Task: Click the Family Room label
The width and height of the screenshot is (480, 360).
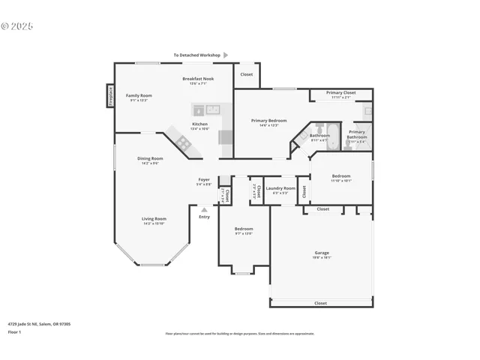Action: (139, 95)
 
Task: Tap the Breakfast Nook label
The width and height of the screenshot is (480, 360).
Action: (198, 79)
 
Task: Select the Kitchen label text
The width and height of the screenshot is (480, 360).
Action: (199, 124)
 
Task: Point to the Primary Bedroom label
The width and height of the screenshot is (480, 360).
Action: (269, 120)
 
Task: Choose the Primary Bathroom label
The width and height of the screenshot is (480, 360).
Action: (357, 132)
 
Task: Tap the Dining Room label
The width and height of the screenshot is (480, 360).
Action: (150, 158)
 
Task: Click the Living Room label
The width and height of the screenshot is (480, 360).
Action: (154, 219)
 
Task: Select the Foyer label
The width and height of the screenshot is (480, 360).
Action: (204, 179)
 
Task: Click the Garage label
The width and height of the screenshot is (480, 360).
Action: (322, 253)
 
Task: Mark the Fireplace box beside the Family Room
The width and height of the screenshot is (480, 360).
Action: (109, 97)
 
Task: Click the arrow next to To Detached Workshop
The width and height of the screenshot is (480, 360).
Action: (226, 55)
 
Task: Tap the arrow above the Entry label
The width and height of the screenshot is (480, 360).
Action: (204, 209)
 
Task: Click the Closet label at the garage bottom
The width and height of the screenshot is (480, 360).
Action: (320, 303)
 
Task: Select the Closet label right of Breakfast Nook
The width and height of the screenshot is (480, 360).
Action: (247, 74)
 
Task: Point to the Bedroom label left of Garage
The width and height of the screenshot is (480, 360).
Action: (244, 229)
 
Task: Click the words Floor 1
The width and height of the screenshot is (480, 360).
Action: (14, 331)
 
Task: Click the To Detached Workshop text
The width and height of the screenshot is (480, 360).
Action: (196, 55)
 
